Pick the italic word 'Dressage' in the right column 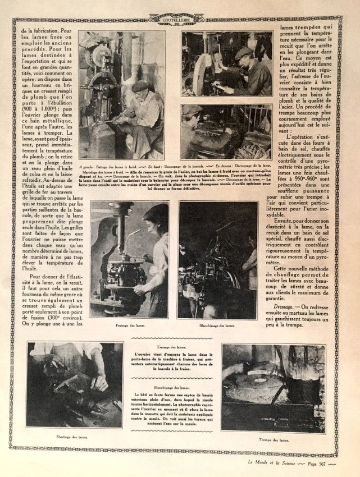(x=292, y=307)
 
